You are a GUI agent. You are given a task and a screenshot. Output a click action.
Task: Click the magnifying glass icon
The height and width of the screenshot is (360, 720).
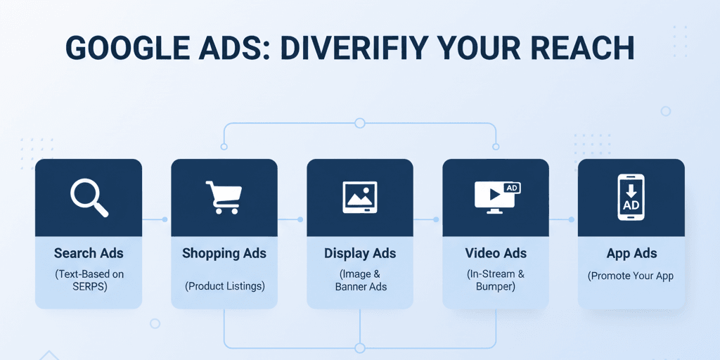pyautogui.click(x=89, y=197)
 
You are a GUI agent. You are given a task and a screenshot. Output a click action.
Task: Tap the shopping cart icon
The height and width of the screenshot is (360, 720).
pyautogui.click(x=224, y=197)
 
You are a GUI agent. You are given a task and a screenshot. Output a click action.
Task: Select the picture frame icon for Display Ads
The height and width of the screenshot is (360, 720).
pyautogui.click(x=359, y=197)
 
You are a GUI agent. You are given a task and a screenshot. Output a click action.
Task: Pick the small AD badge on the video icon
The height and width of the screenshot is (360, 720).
pyautogui.click(x=512, y=188)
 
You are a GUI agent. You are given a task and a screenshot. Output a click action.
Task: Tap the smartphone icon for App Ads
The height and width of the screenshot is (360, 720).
pyautogui.click(x=631, y=198)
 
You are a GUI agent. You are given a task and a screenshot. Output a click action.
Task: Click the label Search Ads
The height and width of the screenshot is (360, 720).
pyautogui.click(x=89, y=253)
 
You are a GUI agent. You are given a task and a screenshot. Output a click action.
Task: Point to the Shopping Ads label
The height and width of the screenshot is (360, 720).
pyautogui.click(x=224, y=253)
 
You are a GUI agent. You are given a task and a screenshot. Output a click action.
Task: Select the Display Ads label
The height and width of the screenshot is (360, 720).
pyautogui.click(x=360, y=253)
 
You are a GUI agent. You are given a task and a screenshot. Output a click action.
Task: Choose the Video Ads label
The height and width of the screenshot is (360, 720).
pyautogui.click(x=496, y=253)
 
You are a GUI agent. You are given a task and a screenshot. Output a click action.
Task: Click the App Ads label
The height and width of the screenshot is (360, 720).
pyautogui.click(x=631, y=253)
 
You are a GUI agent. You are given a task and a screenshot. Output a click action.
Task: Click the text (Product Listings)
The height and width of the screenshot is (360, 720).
pyautogui.click(x=224, y=286)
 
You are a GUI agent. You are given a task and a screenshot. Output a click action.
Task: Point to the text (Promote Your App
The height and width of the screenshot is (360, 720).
pyautogui.click(x=631, y=276)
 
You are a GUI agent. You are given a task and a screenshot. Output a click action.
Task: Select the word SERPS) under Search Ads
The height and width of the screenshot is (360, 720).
pyautogui.click(x=89, y=287)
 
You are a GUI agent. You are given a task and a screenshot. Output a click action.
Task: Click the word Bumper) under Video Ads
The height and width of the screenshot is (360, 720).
pyautogui.click(x=496, y=287)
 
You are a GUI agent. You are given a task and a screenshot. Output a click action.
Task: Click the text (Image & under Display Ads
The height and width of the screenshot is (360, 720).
pyautogui.click(x=360, y=274)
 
